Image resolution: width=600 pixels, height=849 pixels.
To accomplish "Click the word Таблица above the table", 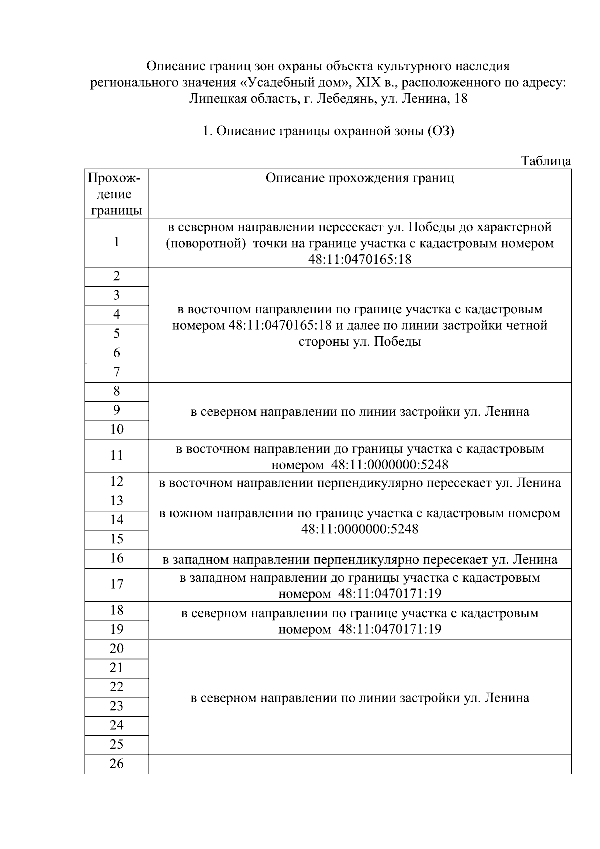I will [x=546, y=161].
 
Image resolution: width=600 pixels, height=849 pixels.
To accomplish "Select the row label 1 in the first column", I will [x=116, y=242].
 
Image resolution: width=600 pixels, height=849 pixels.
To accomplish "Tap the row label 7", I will [x=116, y=372].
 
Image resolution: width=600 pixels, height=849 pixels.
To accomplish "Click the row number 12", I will [x=116, y=482].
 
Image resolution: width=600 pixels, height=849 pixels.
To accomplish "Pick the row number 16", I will [x=116, y=558].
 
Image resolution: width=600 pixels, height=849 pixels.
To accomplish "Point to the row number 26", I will [x=116, y=764].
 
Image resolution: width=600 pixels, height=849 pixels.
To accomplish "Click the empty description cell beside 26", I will [x=360, y=764].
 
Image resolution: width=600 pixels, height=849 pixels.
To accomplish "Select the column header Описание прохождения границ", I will [x=360, y=178].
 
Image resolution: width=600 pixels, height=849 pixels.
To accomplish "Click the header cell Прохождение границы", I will [x=116, y=194].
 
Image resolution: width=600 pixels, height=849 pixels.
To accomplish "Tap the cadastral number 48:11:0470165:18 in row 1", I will [x=360, y=259].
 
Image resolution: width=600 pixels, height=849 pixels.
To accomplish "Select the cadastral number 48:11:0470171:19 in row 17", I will [x=390, y=594].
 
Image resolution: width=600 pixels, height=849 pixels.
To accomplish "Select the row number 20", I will [x=116, y=649].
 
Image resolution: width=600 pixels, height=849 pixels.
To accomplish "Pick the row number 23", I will [x=116, y=706].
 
